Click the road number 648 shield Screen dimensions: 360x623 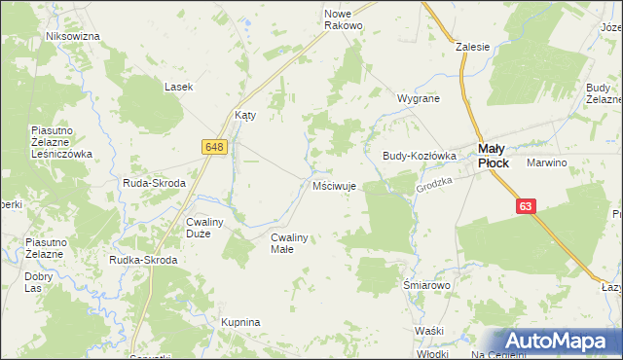point(215,146)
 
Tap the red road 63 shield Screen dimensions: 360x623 point(526,206)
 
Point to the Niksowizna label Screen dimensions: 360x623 point(73,36)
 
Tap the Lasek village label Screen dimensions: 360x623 point(178,87)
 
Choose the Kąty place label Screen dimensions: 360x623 point(245,114)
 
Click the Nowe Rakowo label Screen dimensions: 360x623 point(343,19)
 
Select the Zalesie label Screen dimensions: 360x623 point(472,45)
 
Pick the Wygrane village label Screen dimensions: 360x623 point(419,98)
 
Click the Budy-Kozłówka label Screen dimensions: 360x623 point(420,155)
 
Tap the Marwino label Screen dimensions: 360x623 point(546,162)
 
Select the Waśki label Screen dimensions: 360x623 point(428,332)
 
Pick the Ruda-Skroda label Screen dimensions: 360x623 point(154,182)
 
